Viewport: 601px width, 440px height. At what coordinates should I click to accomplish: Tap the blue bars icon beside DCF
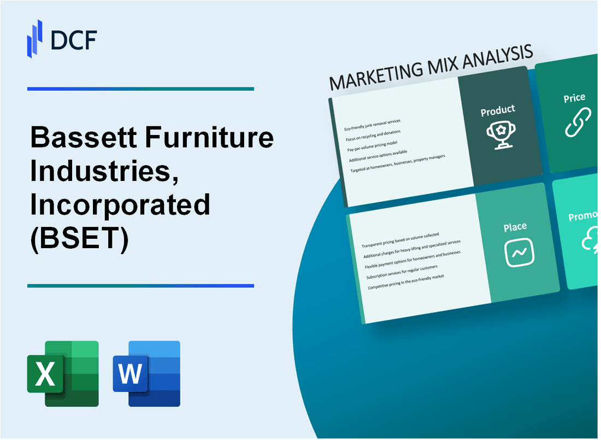(34, 38)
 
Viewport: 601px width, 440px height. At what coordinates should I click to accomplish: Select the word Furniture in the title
(210, 138)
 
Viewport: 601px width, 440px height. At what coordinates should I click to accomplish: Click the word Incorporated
(120, 206)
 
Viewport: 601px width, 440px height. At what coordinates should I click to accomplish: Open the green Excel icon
(63, 373)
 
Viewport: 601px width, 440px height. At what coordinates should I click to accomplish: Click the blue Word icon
(146, 373)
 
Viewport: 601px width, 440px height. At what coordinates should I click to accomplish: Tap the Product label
(497, 111)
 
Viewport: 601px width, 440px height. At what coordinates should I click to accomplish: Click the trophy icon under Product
(498, 136)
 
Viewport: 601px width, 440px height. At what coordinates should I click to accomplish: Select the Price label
(574, 98)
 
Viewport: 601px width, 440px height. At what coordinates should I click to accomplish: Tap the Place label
(515, 226)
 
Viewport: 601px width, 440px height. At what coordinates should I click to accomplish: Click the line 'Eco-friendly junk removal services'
(372, 125)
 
